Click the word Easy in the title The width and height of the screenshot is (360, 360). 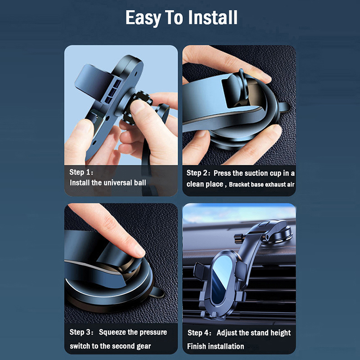(143, 18)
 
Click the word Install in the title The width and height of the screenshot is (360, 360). (212, 17)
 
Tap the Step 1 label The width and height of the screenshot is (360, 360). (81, 172)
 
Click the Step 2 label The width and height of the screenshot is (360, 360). (198, 173)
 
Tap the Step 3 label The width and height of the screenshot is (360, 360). (81, 332)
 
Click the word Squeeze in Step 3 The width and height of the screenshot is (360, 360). (112, 332)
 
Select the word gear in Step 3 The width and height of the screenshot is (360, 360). (144, 346)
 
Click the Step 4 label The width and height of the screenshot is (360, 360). (199, 333)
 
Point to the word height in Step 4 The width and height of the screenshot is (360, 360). (280, 333)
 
